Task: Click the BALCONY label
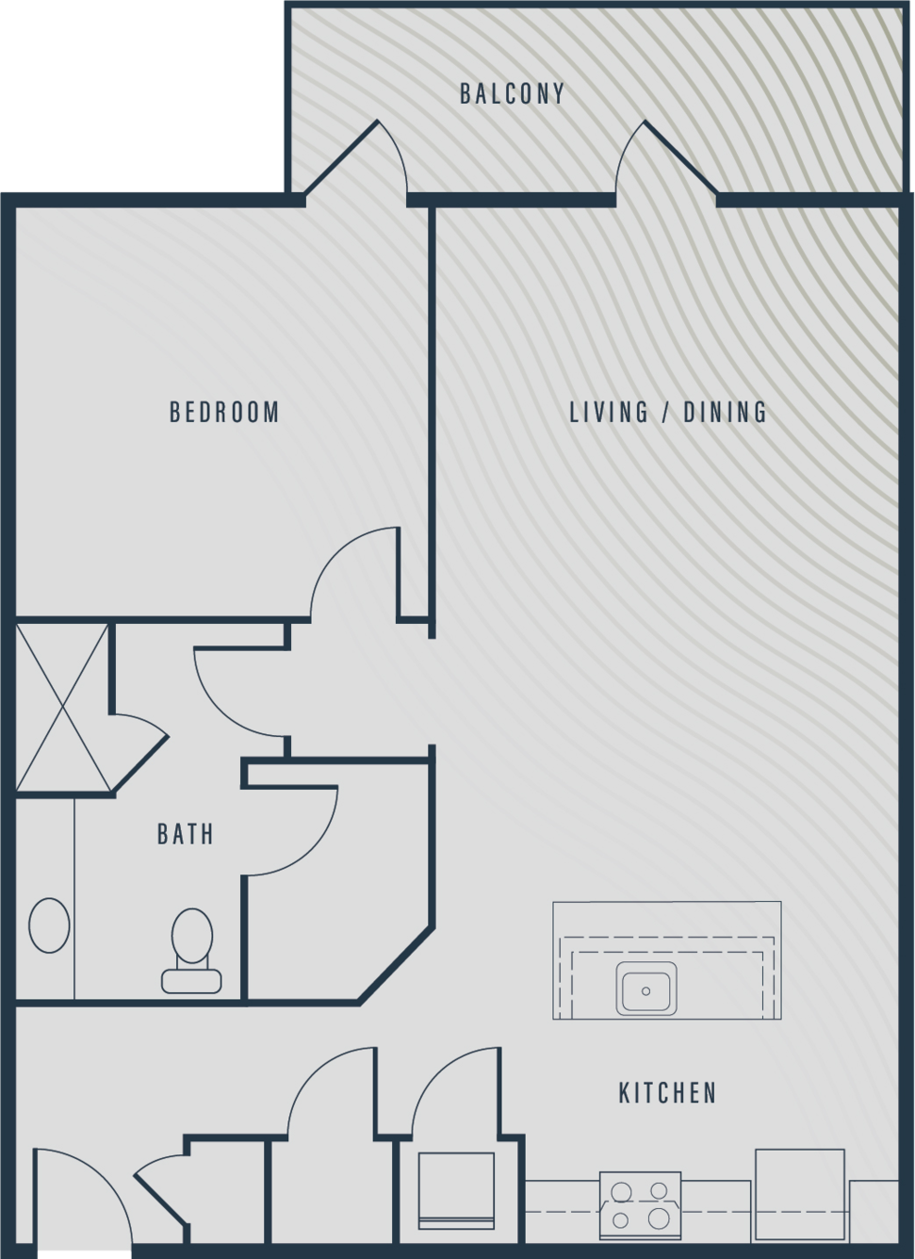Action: pyautogui.click(x=512, y=94)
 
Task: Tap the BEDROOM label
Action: pyautogui.click(x=224, y=412)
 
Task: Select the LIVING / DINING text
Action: pyautogui.click(x=668, y=412)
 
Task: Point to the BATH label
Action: pyautogui.click(x=186, y=834)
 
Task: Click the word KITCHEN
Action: pyautogui.click(x=668, y=1092)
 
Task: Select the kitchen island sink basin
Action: pyautogui.click(x=646, y=989)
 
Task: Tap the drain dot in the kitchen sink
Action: pyautogui.click(x=645, y=991)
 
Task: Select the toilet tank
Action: pyautogui.click(x=191, y=981)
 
